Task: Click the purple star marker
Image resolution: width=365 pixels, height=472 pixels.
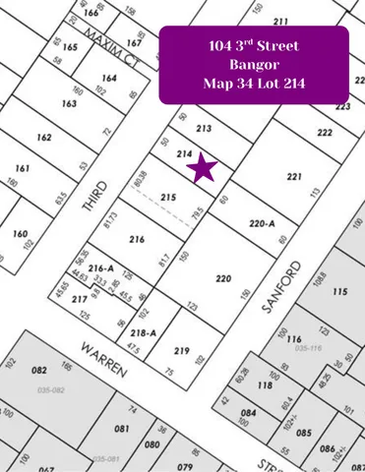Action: (x=203, y=168)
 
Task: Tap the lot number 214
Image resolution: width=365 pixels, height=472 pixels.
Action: (x=183, y=153)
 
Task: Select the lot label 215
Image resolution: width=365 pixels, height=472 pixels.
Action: (x=168, y=199)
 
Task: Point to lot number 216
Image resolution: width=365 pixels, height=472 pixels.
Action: (x=137, y=239)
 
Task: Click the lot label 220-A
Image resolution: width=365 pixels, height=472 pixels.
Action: (x=261, y=223)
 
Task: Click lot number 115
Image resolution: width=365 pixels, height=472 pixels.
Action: (x=340, y=292)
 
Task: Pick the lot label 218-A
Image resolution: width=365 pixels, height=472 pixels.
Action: (x=143, y=333)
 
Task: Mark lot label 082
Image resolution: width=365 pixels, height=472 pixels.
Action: (x=40, y=370)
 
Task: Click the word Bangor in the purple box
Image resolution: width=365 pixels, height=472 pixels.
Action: (x=254, y=65)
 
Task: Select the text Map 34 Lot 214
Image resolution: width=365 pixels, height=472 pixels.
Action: (x=254, y=85)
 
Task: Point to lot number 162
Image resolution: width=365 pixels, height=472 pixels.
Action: (x=43, y=138)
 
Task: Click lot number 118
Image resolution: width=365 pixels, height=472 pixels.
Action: (x=265, y=385)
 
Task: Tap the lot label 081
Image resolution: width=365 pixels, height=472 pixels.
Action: (x=121, y=429)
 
